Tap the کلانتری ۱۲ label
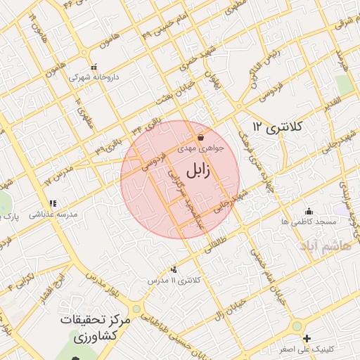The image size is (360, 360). coord(277,127)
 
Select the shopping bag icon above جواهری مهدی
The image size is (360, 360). coord(201,137)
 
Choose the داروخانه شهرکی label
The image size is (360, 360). coord(94,75)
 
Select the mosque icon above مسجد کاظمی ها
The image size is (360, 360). coord(308,210)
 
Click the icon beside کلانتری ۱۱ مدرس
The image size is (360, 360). coord(174,269)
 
